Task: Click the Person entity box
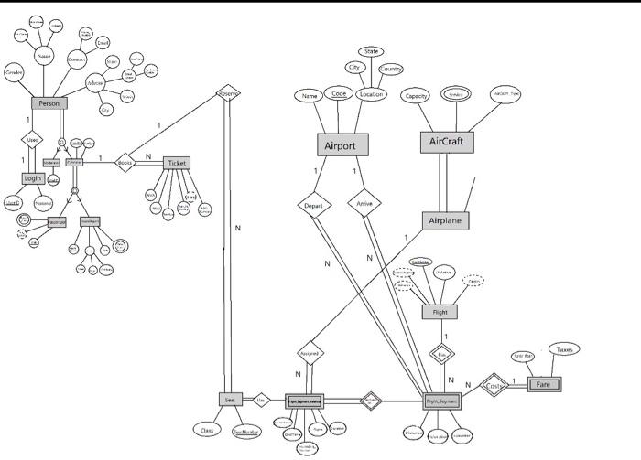[49, 104]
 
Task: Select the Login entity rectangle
[33, 177]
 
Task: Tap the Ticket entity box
[178, 163]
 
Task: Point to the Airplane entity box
[446, 221]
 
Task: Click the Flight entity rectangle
[439, 313]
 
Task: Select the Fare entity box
[544, 385]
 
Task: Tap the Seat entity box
[230, 400]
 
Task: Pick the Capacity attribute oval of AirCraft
[417, 96]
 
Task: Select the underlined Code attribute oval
[339, 94]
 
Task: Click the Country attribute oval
[391, 70]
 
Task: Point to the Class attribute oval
[207, 428]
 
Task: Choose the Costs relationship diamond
[494, 386]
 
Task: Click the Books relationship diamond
[125, 163]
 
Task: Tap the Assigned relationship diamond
[310, 352]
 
